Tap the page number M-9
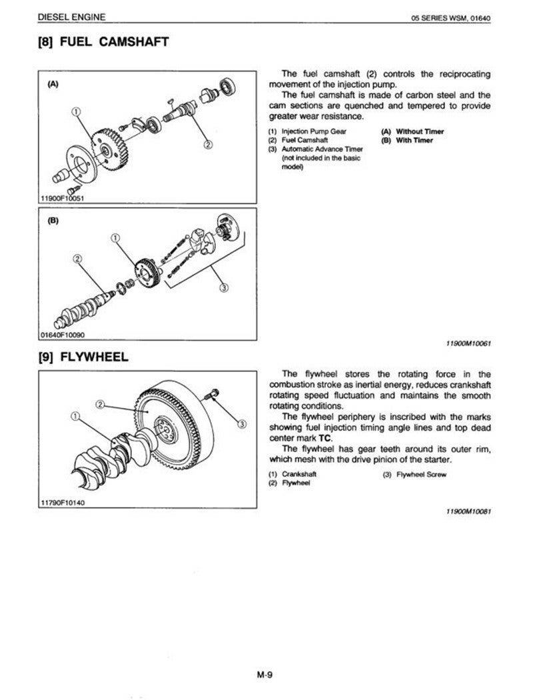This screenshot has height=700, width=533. click(266, 675)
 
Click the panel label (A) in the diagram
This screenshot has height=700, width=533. click(53, 85)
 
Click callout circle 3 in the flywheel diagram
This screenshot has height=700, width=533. click(241, 424)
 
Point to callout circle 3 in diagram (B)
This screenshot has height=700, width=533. click(223, 288)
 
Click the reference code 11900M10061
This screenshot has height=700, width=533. click(468, 345)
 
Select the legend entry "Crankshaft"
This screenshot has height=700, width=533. click(300, 474)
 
